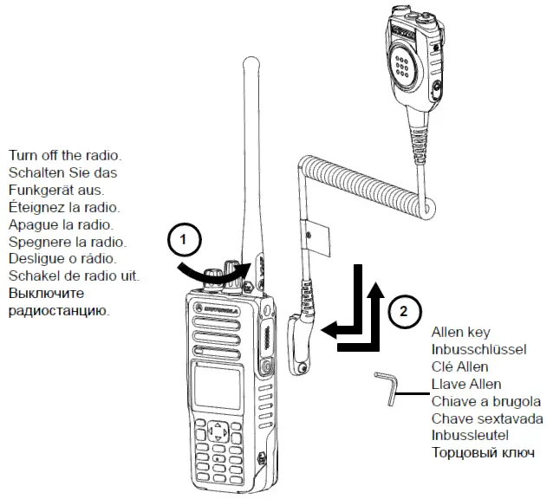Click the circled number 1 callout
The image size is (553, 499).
[x=184, y=239]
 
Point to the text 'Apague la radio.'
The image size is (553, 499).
[x=60, y=224]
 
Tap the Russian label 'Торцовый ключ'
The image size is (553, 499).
[x=482, y=453]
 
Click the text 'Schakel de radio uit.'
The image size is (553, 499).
[x=75, y=275]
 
